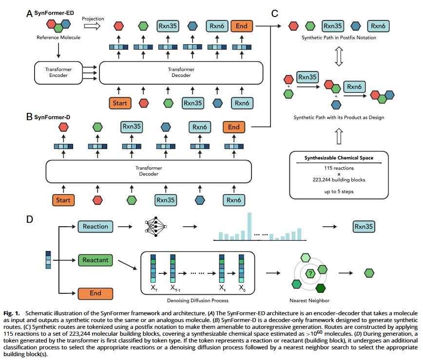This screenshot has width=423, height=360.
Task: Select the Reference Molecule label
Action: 58,37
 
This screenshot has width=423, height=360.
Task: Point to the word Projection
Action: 93,19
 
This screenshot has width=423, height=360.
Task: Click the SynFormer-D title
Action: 49,117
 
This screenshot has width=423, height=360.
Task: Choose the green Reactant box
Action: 95,260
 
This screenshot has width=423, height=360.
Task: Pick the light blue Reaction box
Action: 95,227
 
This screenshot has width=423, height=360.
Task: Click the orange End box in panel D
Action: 95,293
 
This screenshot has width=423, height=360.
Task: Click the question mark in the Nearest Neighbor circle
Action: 308,274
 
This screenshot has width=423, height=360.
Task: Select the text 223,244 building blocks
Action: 339,180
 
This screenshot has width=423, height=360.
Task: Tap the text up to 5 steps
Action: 339,192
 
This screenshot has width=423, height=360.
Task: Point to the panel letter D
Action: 30,219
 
